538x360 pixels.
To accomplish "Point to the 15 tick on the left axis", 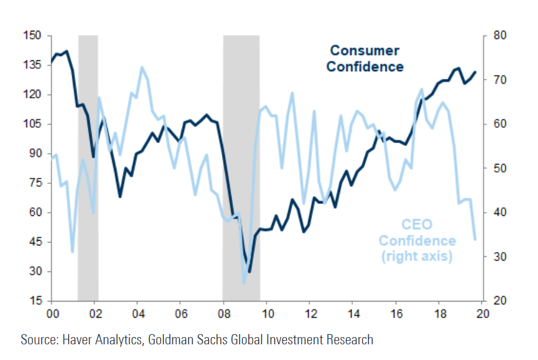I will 36,301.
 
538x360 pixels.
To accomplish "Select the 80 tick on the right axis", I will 500,36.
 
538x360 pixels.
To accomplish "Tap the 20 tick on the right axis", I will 500,301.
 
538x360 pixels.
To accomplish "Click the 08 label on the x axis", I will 223,314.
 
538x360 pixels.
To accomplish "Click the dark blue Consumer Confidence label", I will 365,58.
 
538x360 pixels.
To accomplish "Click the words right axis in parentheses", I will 417,256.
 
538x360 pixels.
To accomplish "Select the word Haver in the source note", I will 79,340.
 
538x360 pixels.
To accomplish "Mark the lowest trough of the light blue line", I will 244,283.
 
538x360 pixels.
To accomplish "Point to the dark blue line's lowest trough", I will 249,272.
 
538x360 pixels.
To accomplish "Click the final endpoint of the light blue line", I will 475,239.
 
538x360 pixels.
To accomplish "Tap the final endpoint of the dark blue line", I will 475,72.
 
